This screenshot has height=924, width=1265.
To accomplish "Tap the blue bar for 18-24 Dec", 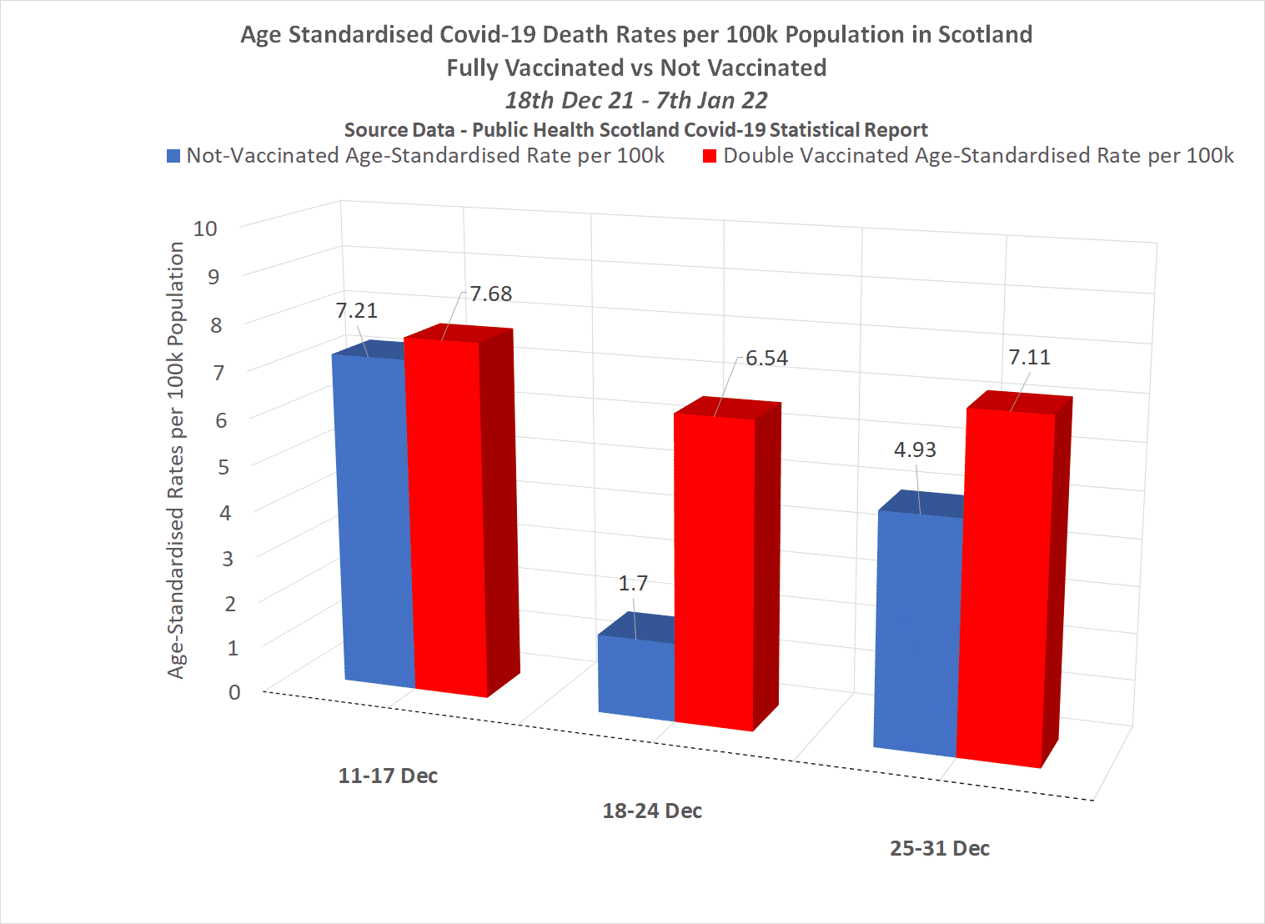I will pyautogui.click(x=636, y=677).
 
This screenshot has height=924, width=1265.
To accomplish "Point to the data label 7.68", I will pyautogui.click(x=490, y=294).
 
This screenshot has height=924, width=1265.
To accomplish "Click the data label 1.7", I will pyautogui.click(x=633, y=584).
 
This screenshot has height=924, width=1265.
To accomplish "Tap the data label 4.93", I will pyautogui.click(x=915, y=450).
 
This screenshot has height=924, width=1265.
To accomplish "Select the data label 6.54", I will pyautogui.click(x=766, y=359).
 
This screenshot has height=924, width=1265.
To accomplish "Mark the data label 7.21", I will pyautogui.click(x=356, y=311).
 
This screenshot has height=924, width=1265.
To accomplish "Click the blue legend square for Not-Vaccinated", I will pyautogui.click(x=173, y=156).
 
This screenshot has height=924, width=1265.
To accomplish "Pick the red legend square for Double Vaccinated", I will pyautogui.click(x=710, y=156).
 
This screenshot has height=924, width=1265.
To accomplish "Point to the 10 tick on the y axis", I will pyautogui.click(x=205, y=228).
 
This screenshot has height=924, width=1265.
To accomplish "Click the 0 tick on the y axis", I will pyautogui.click(x=234, y=692).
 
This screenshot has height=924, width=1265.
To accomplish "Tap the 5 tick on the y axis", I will pyautogui.click(x=223, y=466).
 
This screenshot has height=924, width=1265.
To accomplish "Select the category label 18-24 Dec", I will pyautogui.click(x=652, y=811).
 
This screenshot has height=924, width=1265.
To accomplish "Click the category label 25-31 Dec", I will pyautogui.click(x=940, y=848).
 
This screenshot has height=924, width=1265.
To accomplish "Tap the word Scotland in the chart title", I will pyautogui.click(x=985, y=35).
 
